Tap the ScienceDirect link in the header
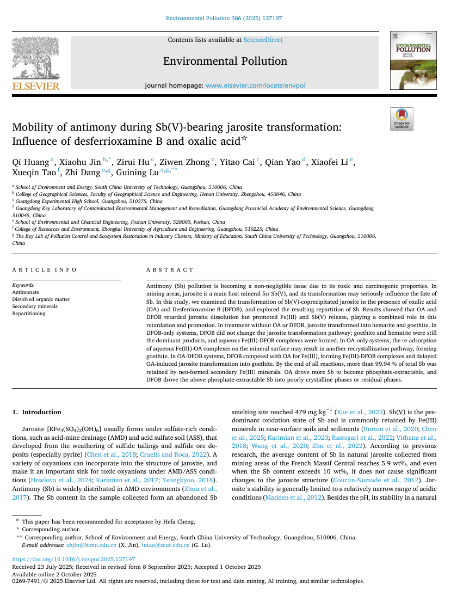pyautogui.click(x=263, y=40)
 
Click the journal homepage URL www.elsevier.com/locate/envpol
pyautogui.click(x=256, y=85)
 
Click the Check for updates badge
pyautogui.click(x=402, y=119)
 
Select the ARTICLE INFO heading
pyautogui.click(x=45, y=270)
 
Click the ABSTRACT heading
pyautogui.click(x=170, y=270)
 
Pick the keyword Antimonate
pyautogui.click(x=26, y=292)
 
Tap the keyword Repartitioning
pyautogui.click(x=29, y=314)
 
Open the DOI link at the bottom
pyautogui.click(x=73, y=559)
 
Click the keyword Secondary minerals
pyautogui.click(x=34, y=306)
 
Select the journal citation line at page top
pyautogui.click(x=224, y=19)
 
